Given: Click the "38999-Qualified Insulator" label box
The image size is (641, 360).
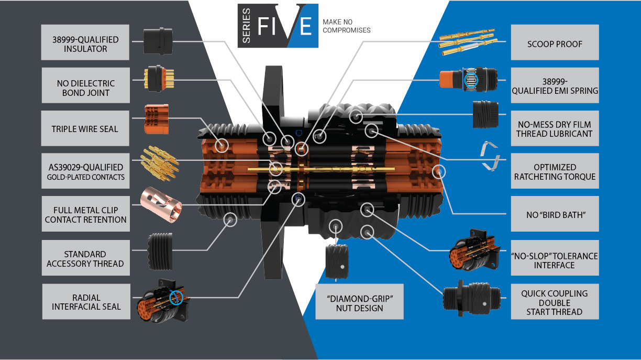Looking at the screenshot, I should click(85, 44).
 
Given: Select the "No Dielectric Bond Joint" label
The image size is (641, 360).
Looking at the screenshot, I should click(85, 88).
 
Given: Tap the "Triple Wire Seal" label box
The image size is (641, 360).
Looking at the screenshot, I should click(85, 128).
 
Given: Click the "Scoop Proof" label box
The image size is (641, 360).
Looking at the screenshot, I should click(555, 44).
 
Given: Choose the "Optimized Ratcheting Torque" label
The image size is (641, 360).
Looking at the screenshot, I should click(555, 172).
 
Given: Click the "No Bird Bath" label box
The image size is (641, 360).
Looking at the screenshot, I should click(555, 214).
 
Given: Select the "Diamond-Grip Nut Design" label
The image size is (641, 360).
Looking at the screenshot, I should click(359, 302).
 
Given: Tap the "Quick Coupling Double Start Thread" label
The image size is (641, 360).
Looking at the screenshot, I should click(555, 302).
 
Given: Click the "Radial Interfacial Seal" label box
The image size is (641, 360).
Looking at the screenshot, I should click(86, 302).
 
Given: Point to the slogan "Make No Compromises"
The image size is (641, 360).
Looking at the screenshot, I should click(346, 26).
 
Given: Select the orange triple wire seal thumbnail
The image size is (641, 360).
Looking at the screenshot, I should click(156, 119).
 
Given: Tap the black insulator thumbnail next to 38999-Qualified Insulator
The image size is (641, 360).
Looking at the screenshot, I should click(158, 41).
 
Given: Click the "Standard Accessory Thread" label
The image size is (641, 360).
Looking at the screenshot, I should click(85, 259).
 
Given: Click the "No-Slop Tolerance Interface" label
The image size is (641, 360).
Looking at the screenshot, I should click(555, 260).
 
